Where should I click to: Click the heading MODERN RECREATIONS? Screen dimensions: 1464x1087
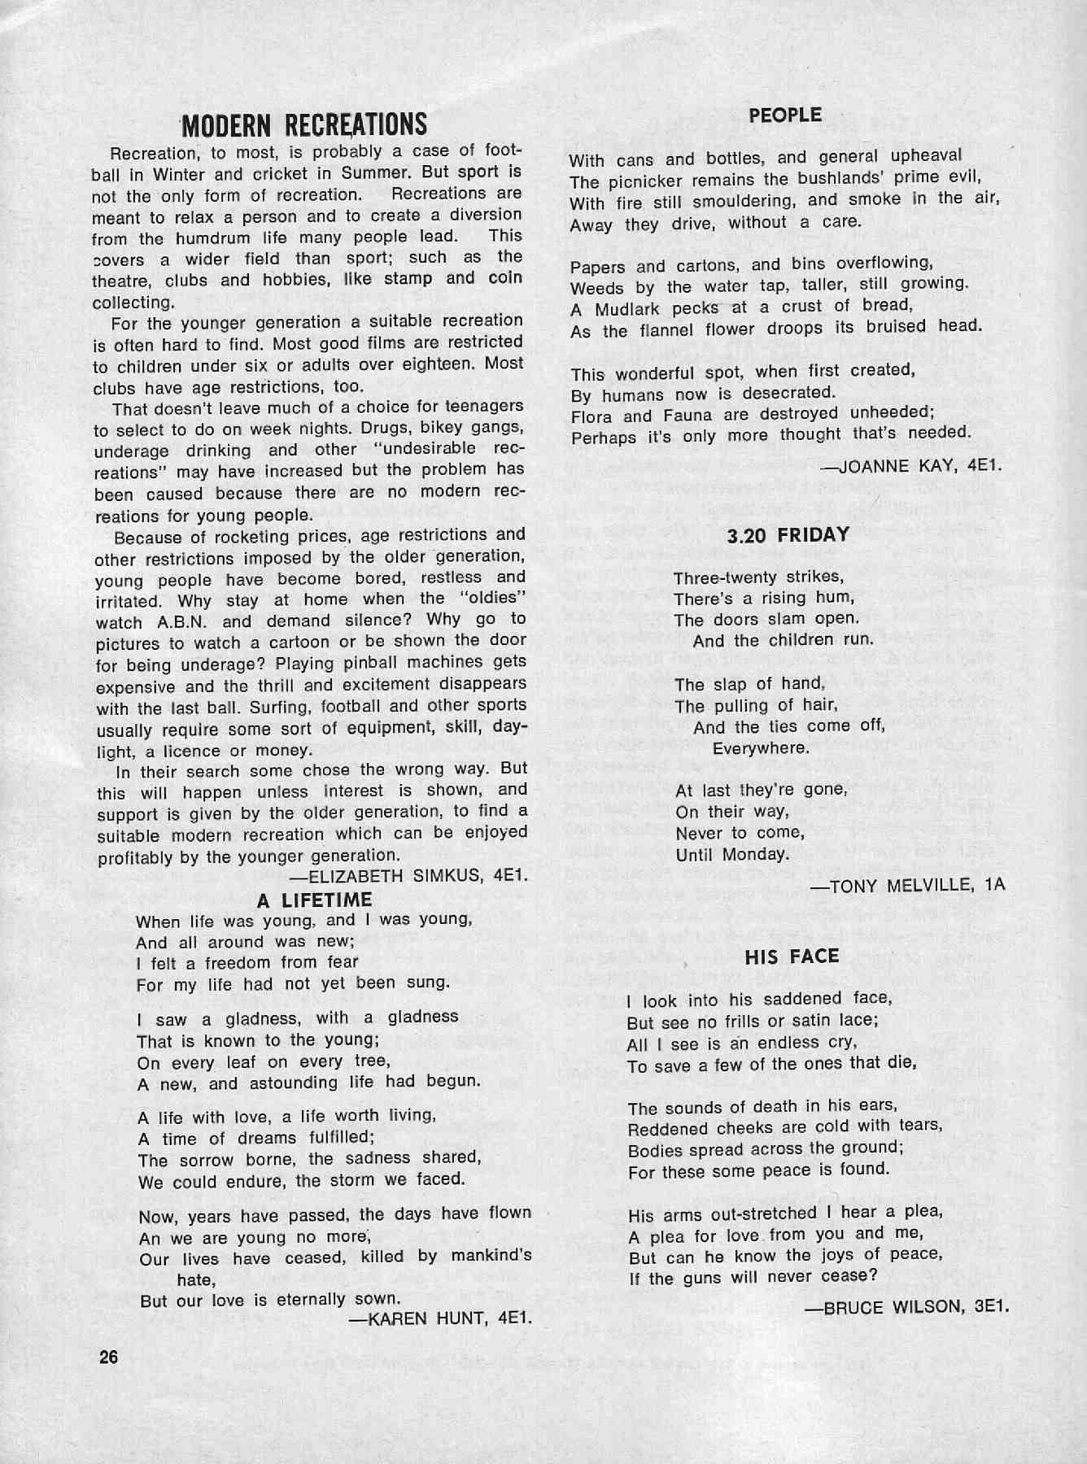303,125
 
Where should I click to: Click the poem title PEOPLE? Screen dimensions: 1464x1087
785,115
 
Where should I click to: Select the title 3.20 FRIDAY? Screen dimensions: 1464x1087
788,535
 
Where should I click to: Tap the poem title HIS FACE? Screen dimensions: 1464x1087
790,956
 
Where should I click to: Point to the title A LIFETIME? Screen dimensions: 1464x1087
314,900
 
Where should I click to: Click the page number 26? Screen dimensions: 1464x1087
108,1357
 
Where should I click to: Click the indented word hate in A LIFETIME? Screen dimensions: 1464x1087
194,1279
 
